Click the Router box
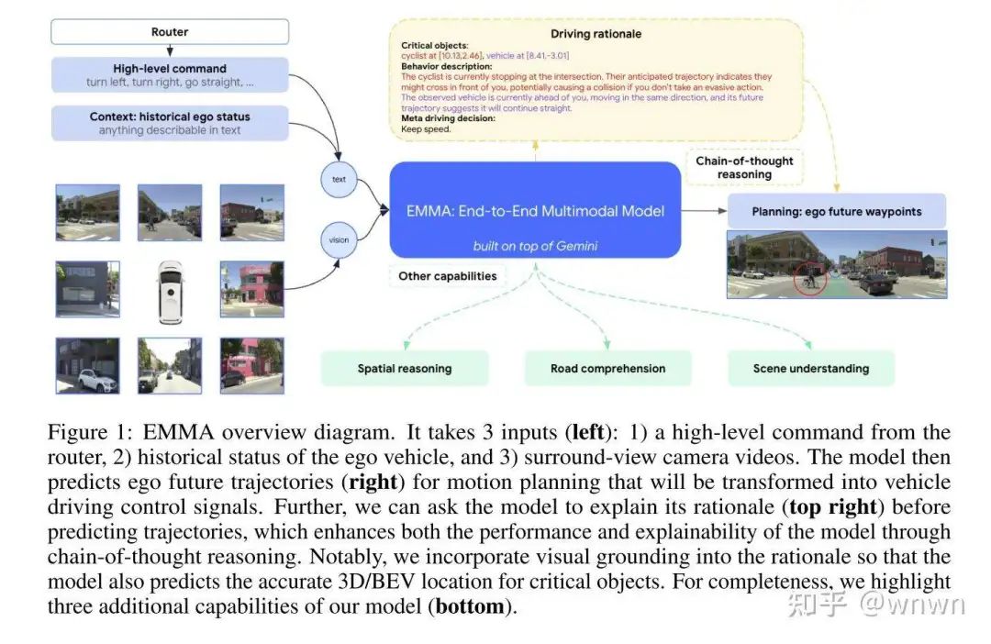[170, 32]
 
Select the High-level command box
[170, 74]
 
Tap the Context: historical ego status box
[170, 123]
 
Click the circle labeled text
[339, 179]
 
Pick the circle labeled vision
[339, 239]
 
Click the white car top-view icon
[170, 292]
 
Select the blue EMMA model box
[535, 210]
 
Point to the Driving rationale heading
[596, 34]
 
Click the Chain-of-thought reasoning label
[744, 167]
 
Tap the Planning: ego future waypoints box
[836, 211]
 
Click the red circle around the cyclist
[810, 278]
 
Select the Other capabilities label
[447, 275]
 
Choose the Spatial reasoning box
[405, 368]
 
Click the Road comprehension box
[607, 368]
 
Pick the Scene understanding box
[810, 368]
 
